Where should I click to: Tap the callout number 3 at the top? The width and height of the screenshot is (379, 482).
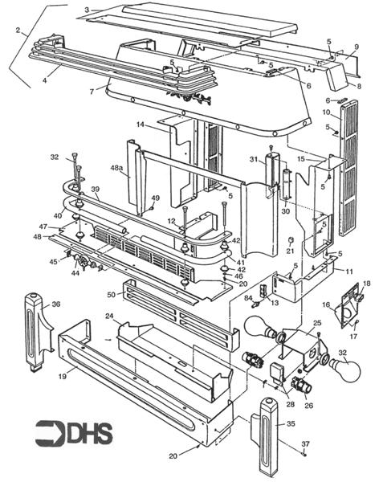(x=86, y=9)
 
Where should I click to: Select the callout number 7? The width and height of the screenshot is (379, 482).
(x=92, y=91)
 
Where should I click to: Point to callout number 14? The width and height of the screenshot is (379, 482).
(x=140, y=125)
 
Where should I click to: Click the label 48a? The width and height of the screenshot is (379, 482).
(x=117, y=169)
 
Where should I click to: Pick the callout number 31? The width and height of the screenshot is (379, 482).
(x=253, y=160)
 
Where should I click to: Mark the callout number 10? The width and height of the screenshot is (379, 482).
(x=327, y=111)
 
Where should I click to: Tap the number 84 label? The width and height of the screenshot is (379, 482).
(x=238, y=298)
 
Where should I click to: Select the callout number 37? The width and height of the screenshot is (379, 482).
(x=305, y=444)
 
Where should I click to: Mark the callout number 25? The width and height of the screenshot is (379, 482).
(x=318, y=322)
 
